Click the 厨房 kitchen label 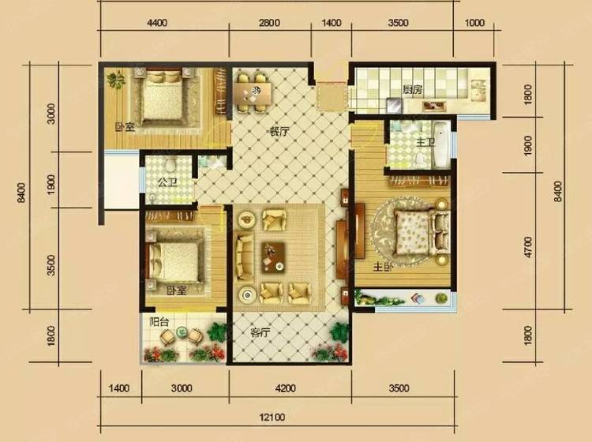[x=412, y=90]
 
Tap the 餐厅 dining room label [x=279, y=132]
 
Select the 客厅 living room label [x=261, y=332]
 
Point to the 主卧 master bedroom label [x=383, y=268]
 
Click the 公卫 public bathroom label [x=167, y=183]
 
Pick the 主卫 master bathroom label [x=425, y=143]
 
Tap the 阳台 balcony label [x=159, y=322]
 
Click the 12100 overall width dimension [x=272, y=417]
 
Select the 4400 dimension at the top [x=157, y=23]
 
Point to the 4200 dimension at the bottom [x=285, y=388]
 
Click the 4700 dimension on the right [x=528, y=247]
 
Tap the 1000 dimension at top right [x=474, y=23]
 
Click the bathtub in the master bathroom [x=440, y=144]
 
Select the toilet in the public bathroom [x=170, y=164]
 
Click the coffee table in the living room [x=273, y=257]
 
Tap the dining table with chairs [x=253, y=93]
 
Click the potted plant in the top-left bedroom [x=116, y=80]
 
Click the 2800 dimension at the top [x=269, y=23]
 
